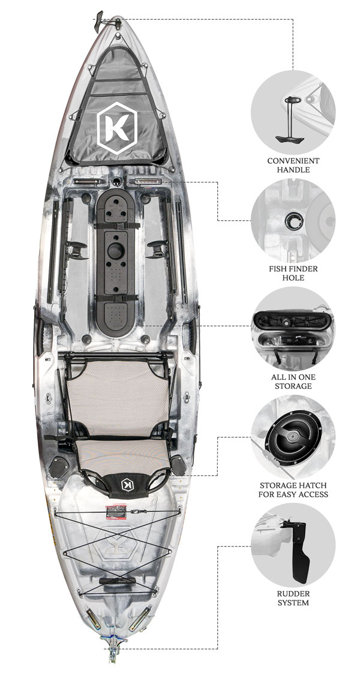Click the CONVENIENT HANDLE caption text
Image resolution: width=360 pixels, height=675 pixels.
tap(293, 165)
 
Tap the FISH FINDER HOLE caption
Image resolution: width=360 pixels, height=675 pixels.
tap(293, 274)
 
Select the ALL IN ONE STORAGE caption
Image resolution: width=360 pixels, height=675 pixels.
tap(293, 381)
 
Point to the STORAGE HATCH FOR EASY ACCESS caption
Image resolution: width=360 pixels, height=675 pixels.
tap(293, 490)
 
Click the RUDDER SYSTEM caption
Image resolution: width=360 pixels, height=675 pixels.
tap(293, 598)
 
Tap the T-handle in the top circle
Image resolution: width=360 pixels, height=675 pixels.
tap(287, 120)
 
